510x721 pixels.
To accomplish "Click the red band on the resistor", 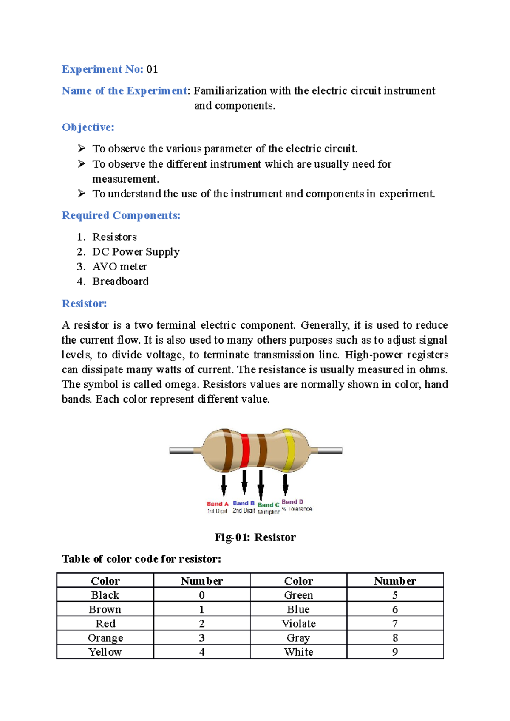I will (x=245, y=451).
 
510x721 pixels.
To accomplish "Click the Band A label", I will (x=218, y=504).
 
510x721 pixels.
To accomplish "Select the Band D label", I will (x=292, y=502).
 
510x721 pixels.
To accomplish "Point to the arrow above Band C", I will (x=261, y=484).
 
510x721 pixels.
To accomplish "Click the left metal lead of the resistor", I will (x=183, y=451).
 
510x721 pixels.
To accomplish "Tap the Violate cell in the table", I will (x=298, y=623).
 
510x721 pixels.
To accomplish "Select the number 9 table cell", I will (x=395, y=652).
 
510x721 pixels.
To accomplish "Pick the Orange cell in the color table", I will (x=105, y=638).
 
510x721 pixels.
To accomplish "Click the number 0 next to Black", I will (x=202, y=595).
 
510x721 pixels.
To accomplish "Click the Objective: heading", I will (x=88, y=127).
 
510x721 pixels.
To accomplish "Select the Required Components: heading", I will (x=121, y=215).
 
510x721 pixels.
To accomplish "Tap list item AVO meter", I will (x=119, y=267).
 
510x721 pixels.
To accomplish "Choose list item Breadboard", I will (x=121, y=282).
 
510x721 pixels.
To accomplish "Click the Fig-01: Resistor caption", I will (x=255, y=537).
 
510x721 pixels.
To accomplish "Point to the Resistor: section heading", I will (x=84, y=304).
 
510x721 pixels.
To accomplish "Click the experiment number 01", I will (x=152, y=69).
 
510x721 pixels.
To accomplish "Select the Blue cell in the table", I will (x=298, y=609).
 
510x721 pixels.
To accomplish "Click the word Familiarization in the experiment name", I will (x=230, y=91).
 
